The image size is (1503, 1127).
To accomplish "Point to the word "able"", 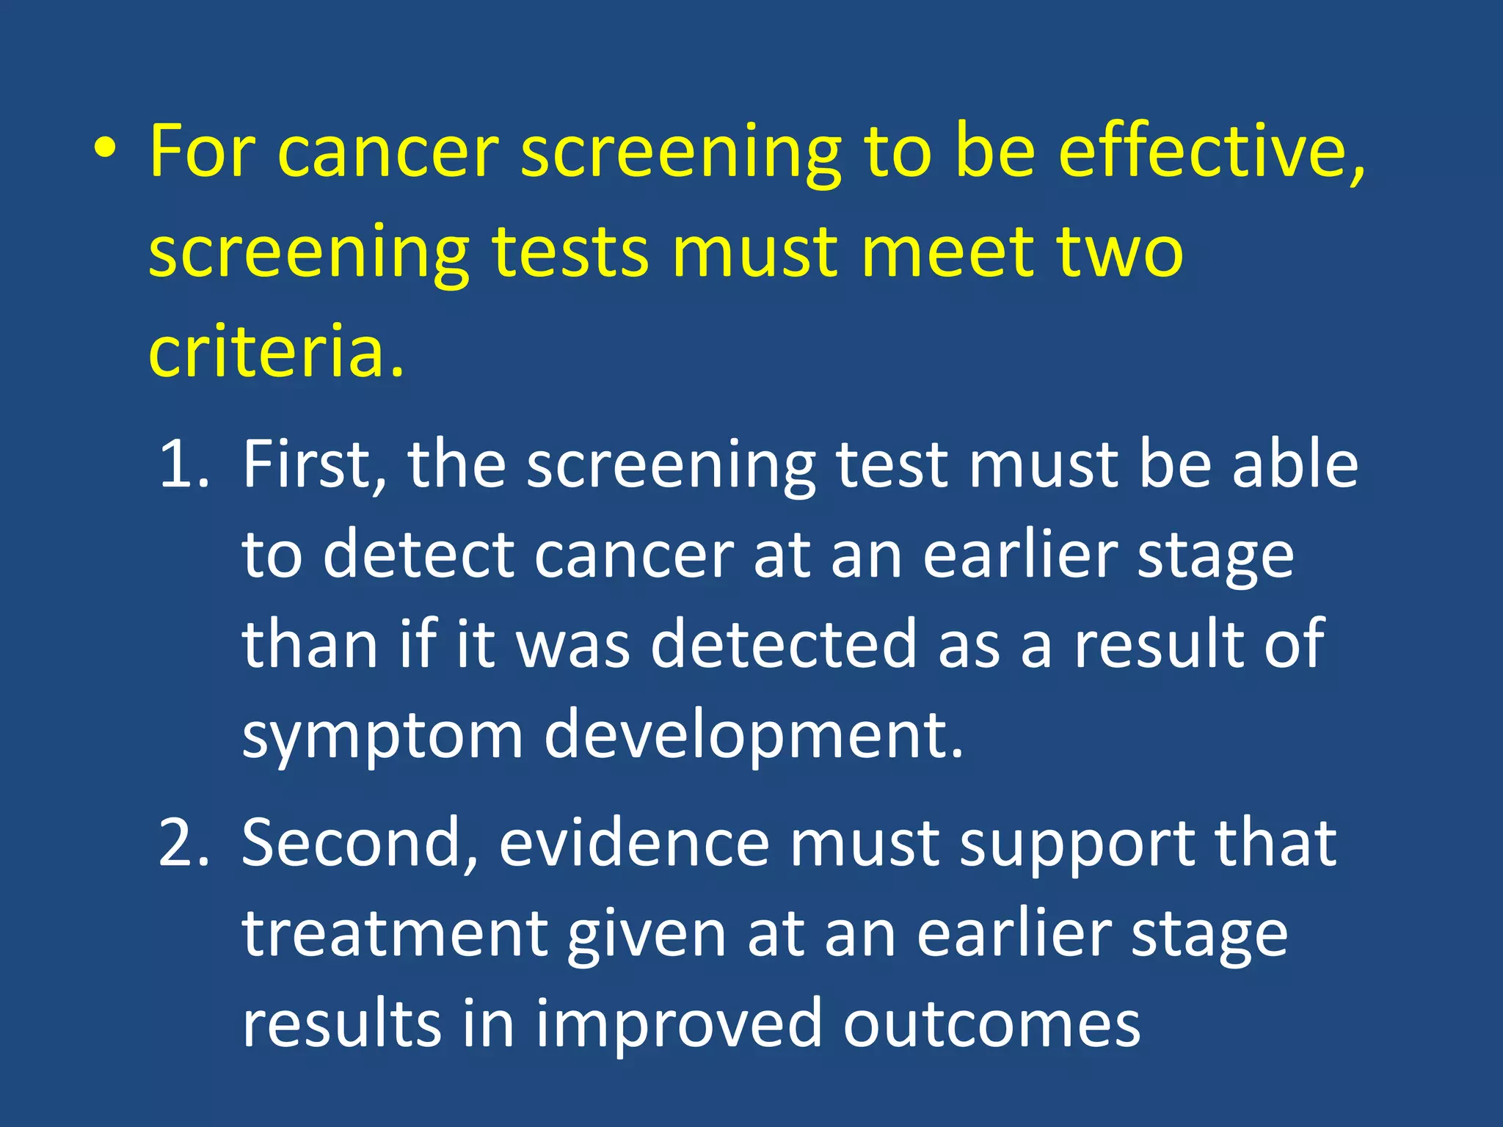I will point(1295,464).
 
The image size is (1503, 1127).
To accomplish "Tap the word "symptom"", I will point(382,736).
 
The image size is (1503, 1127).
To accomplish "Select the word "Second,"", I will point(360,843).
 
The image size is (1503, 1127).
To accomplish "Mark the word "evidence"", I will point(634,843).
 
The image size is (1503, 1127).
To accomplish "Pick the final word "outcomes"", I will point(991,1024).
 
